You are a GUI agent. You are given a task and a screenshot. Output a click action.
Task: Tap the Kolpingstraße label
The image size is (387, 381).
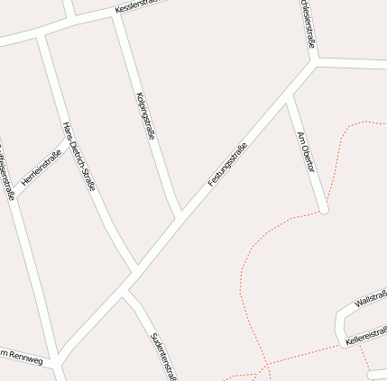144,115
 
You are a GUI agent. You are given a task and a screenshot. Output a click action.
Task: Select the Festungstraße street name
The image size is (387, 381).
227,165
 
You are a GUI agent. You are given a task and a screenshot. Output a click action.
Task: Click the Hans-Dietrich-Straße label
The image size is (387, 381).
78,156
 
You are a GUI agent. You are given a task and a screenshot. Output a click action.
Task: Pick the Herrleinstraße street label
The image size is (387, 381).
41,168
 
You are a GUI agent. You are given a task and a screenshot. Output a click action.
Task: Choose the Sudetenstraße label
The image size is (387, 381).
162,354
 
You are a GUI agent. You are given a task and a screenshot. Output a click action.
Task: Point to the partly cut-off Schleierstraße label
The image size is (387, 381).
308,23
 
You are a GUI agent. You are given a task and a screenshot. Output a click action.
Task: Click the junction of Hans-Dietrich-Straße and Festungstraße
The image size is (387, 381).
135,270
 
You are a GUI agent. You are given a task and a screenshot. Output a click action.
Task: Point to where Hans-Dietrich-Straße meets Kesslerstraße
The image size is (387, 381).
41,35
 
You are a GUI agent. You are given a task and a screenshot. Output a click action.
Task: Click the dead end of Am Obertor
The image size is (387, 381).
324,211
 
